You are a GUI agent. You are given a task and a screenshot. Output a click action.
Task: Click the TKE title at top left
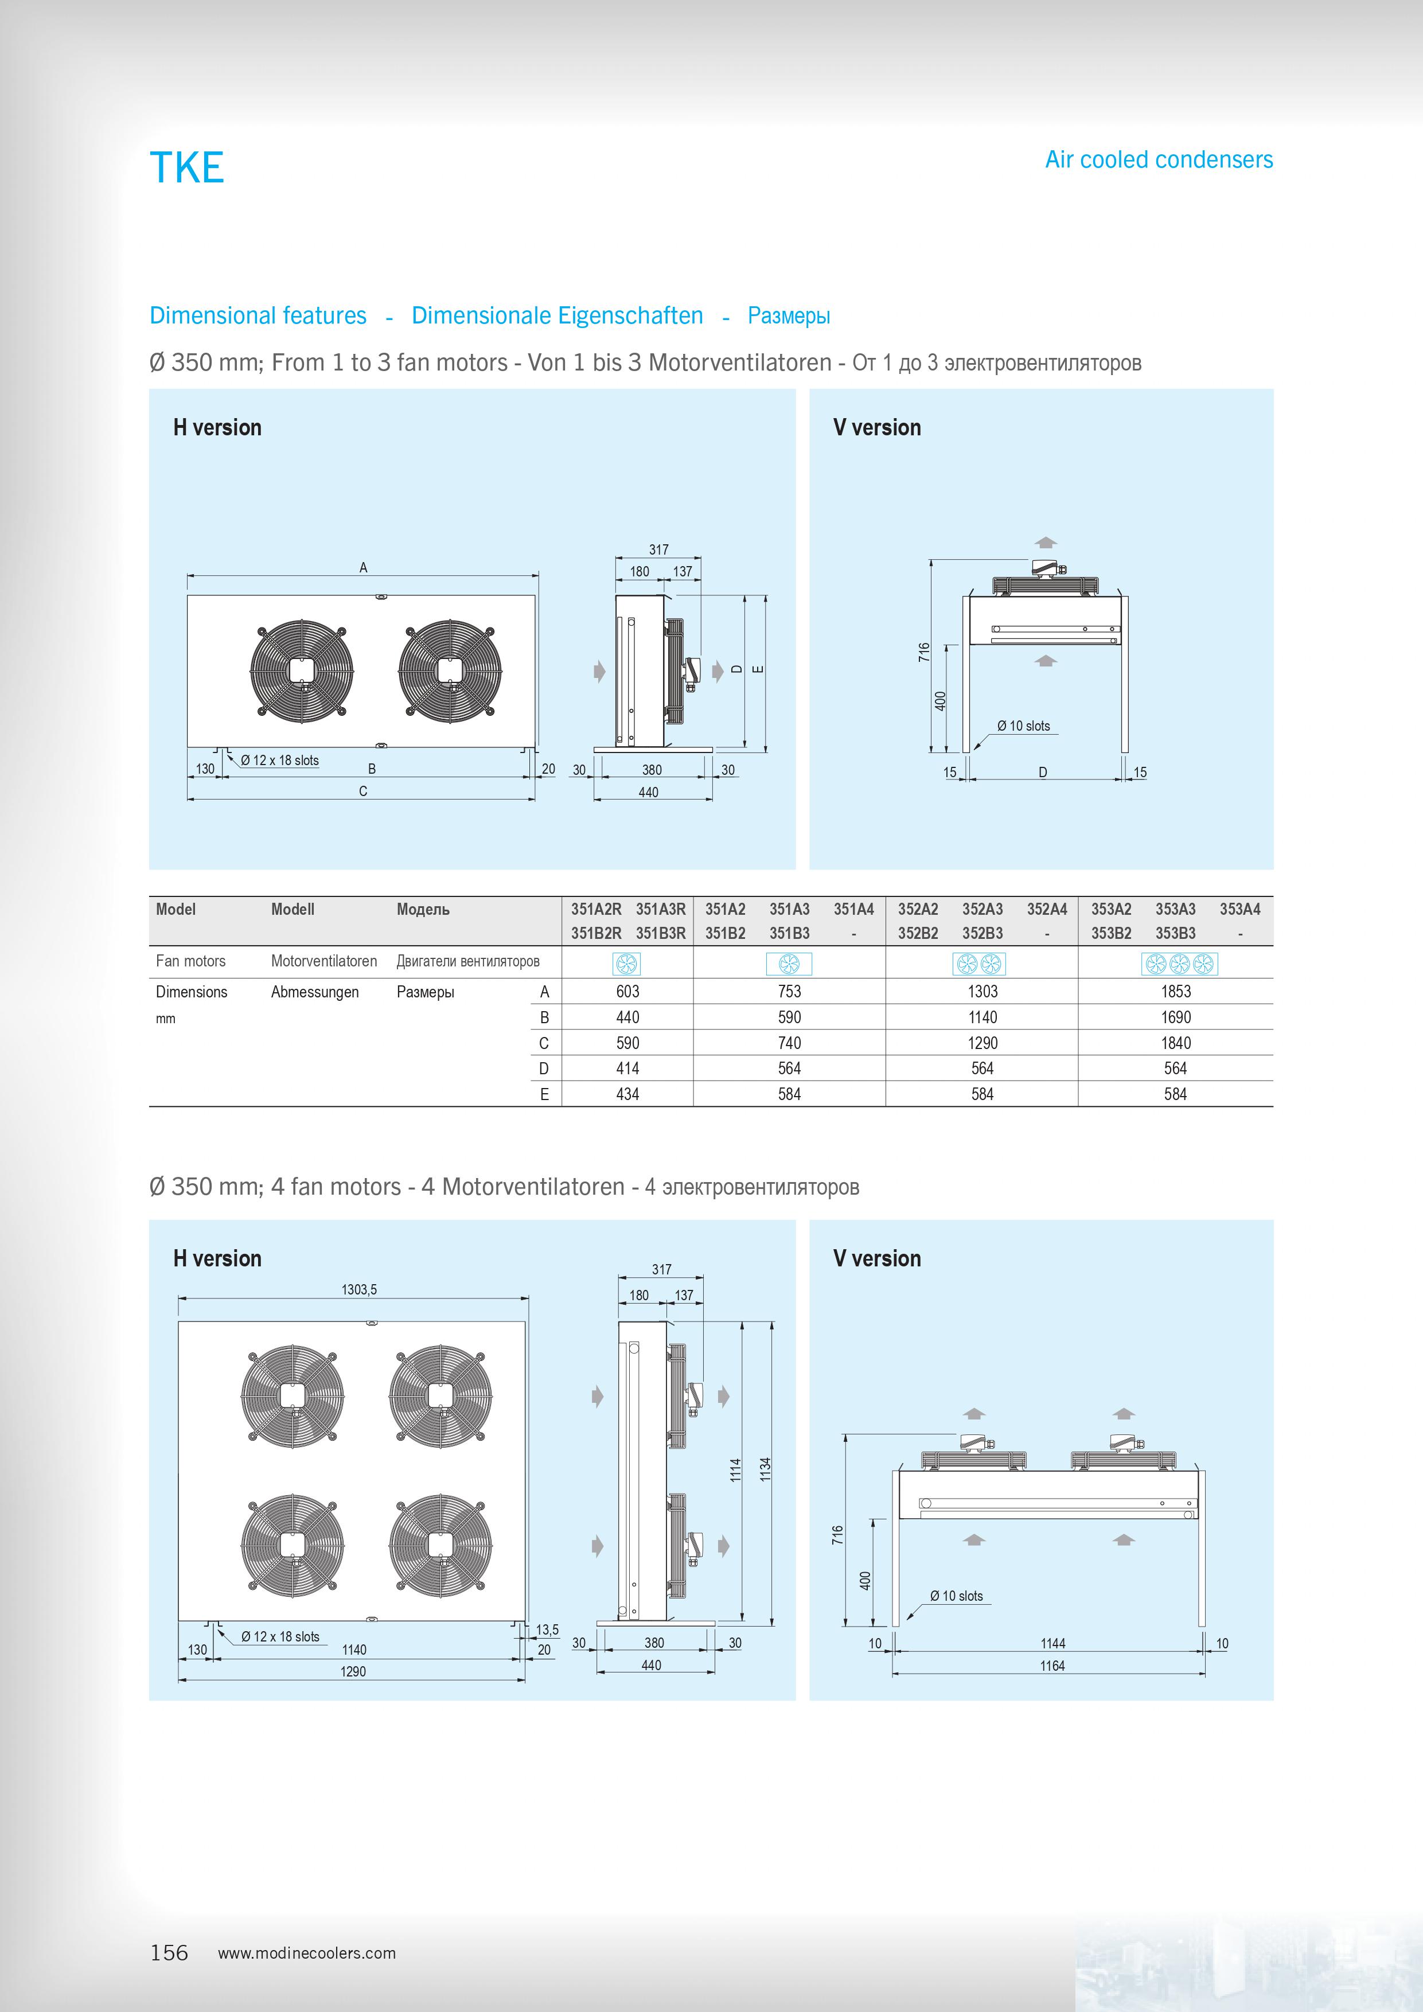[x=186, y=167]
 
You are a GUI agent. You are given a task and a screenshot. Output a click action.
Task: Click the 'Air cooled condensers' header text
[x=1159, y=159]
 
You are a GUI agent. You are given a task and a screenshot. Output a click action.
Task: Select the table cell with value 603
[x=627, y=991]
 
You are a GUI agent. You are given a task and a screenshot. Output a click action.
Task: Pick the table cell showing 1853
[x=1175, y=991]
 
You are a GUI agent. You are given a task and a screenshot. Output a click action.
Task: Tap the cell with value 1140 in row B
[x=983, y=1017]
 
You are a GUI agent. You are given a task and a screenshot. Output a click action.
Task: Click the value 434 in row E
[x=627, y=1094]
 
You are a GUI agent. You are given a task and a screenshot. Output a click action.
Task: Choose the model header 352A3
[x=983, y=910]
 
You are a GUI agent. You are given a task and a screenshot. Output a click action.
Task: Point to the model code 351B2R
[x=596, y=933]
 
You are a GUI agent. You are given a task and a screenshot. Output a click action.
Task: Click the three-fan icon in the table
[x=1179, y=964]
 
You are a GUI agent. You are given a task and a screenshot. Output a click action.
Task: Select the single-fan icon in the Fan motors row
[x=627, y=964]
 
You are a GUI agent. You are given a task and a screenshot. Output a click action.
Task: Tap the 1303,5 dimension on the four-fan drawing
[x=359, y=1290]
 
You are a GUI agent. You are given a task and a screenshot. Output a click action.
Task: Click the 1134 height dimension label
[x=765, y=1469]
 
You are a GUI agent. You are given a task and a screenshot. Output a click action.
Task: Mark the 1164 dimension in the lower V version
[x=1052, y=1666]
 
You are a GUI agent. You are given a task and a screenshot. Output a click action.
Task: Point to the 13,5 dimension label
[x=548, y=1630]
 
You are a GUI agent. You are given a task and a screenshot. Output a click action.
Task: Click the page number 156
[x=169, y=1952]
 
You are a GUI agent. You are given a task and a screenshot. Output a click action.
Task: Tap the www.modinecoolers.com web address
[x=307, y=1953]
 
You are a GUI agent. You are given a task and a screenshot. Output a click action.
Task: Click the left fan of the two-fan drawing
[x=302, y=669]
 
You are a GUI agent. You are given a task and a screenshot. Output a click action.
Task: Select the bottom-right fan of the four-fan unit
[x=440, y=1545]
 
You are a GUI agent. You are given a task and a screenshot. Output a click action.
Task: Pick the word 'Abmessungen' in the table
[x=314, y=992]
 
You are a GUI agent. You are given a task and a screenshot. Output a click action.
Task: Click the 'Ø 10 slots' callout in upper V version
[x=1023, y=726]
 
